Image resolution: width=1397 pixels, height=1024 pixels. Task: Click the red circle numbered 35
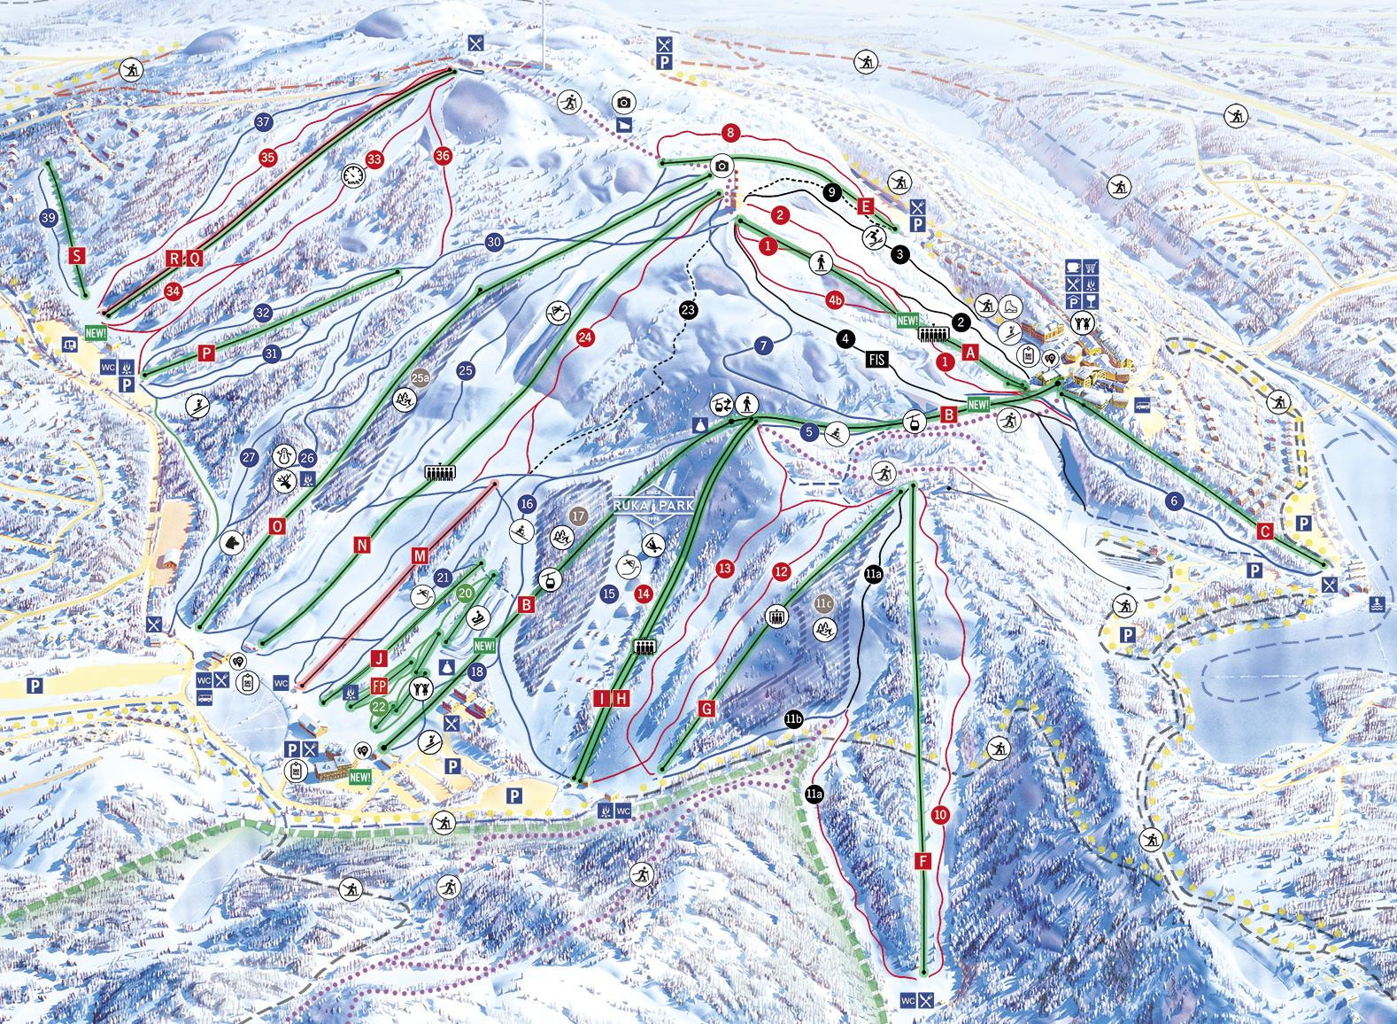coord(268,158)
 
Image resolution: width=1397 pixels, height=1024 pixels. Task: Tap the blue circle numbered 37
coord(262,122)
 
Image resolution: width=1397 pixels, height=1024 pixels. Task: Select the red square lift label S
coord(79,257)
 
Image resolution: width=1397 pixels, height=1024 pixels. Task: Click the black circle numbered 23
coord(689,309)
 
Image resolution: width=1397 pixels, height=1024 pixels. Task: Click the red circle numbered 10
coord(940,813)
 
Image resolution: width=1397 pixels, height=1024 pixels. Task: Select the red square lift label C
coord(1265,531)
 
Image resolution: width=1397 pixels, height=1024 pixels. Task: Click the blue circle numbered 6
coord(1175,501)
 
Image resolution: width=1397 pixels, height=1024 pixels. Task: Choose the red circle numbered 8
coord(729,134)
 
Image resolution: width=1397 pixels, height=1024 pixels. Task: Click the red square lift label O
coord(278,526)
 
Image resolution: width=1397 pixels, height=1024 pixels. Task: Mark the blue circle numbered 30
coord(494,242)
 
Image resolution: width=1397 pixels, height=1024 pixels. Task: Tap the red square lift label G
coord(706,709)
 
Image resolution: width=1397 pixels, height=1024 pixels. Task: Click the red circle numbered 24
coord(584,337)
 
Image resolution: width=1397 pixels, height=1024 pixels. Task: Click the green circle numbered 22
coord(379,706)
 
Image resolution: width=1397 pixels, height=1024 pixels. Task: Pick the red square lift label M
coord(420,555)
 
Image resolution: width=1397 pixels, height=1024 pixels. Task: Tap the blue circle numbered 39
coord(49,217)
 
